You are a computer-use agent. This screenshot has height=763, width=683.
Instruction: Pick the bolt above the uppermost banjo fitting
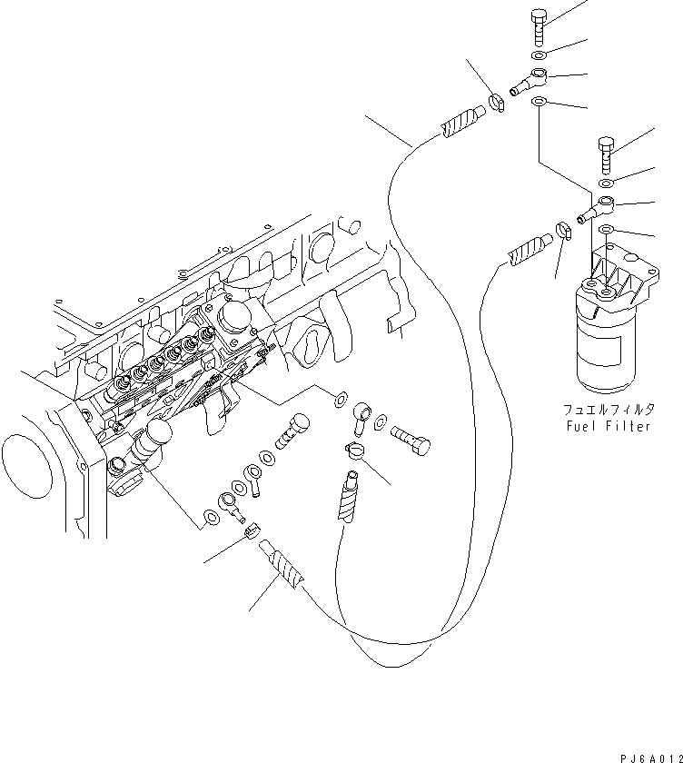536,24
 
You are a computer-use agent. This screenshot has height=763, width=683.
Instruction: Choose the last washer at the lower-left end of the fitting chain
209,519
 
